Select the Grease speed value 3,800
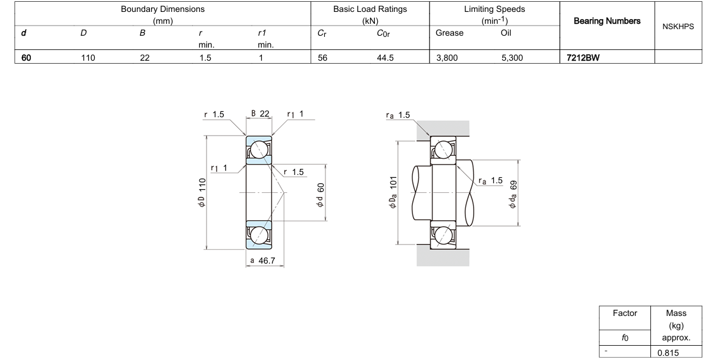click(447, 58)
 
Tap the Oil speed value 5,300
click(512, 58)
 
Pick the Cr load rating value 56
click(323, 58)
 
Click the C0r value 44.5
click(385, 58)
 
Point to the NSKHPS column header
click(678, 27)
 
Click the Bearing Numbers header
click(607, 21)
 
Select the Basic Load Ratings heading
click(370, 9)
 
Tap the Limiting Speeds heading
click(494, 9)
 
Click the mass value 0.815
click(668, 353)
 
